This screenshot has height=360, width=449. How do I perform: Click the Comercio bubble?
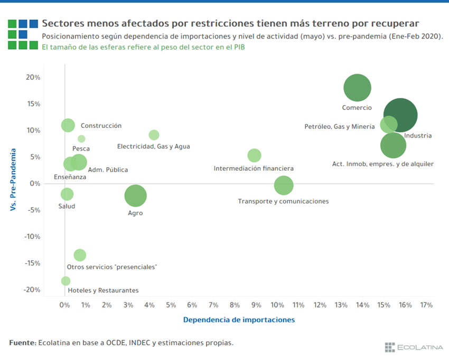click(357, 88)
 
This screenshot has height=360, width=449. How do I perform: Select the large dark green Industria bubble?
click(400, 115)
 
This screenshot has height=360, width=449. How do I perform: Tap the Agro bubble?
click(135, 196)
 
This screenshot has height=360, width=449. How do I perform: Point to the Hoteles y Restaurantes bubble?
click(66, 281)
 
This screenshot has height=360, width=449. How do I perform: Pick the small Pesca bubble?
click(81, 139)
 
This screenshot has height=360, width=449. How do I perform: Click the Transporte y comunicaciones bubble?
click(284, 185)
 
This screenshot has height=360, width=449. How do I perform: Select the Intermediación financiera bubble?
click(254, 155)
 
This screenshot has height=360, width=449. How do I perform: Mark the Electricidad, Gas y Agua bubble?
click(154, 135)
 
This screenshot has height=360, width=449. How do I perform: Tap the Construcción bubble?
click(68, 125)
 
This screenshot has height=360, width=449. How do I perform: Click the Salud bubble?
click(67, 194)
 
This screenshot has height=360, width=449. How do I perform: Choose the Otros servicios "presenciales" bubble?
click(80, 255)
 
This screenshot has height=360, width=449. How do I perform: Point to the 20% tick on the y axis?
click(33, 77)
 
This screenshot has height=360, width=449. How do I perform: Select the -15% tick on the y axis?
click(32, 263)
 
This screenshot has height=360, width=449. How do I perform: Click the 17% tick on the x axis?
click(426, 305)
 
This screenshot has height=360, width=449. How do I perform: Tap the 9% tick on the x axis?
click(256, 305)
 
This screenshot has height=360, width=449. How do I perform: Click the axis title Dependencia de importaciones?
click(239, 320)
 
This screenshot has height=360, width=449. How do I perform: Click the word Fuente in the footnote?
click(22, 343)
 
